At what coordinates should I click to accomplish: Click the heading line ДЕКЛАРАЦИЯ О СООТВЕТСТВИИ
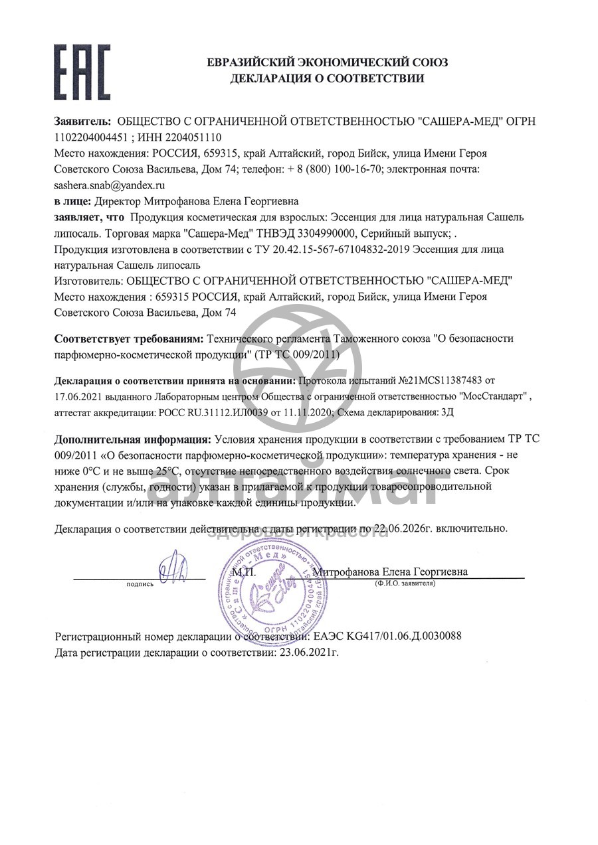pos(327,79)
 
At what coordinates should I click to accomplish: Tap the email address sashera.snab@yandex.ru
pos(110,185)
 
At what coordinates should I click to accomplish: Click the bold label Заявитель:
pos(82,122)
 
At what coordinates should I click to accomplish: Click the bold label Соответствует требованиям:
pos(129,339)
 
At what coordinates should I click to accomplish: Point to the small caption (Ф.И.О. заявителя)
pos(405,583)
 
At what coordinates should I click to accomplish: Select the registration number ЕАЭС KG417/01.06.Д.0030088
pos(386,637)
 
